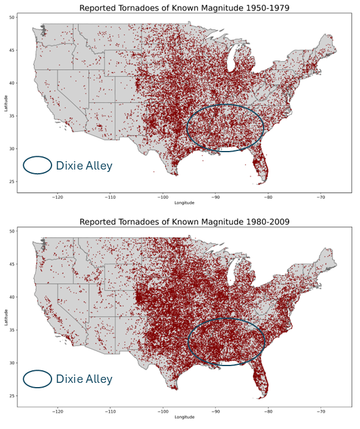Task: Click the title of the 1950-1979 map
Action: click(x=184, y=8)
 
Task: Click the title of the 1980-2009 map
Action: click(x=184, y=222)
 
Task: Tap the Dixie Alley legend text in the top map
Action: click(x=84, y=165)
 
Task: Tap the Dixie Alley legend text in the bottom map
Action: click(x=84, y=379)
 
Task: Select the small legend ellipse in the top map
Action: click(x=38, y=165)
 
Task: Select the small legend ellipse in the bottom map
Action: click(x=38, y=379)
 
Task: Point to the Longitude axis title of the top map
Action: click(x=184, y=203)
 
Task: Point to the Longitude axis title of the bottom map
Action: click(x=184, y=416)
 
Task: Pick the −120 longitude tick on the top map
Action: click(x=58, y=197)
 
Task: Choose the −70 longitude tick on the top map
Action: click(x=321, y=197)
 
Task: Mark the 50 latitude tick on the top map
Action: click(x=12, y=17)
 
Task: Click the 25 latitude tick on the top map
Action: click(x=12, y=182)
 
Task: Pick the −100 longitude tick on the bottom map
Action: click(x=164, y=410)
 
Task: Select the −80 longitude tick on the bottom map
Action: click(x=268, y=410)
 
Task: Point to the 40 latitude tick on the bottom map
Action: click(x=12, y=297)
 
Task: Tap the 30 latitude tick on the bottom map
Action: click(x=12, y=362)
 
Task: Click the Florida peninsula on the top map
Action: click(x=260, y=168)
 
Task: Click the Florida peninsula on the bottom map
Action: click(x=260, y=381)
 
